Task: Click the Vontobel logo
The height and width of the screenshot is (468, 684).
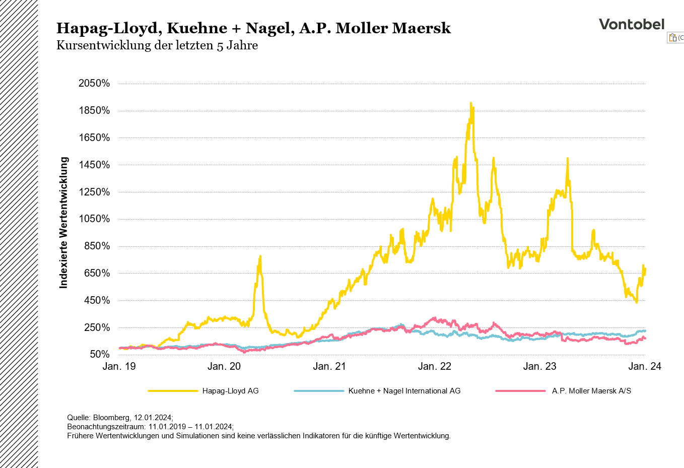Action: tap(631, 24)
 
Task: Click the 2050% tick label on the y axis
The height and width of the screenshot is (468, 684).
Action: tap(94, 84)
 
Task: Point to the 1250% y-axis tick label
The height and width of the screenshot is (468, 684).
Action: tap(94, 192)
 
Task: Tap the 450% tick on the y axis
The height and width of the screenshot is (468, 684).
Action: tap(97, 300)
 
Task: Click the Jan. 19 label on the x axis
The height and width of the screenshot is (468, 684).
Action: tap(119, 366)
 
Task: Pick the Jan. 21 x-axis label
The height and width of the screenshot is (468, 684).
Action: tap(329, 366)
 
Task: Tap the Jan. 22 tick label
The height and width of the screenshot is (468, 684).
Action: tap(435, 366)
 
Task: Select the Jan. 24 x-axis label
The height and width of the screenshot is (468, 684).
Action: tap(645, 366)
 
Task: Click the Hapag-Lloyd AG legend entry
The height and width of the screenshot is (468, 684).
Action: tap(230, 391)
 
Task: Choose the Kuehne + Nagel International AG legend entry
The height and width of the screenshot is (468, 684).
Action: tap(404, 391)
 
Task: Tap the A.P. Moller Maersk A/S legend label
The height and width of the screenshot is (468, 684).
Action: tap(591, 391)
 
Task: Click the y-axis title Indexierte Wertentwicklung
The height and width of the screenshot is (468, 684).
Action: tap(63, 223)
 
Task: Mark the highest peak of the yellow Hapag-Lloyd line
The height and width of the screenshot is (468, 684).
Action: tap(470, 103)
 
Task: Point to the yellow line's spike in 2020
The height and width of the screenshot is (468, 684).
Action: tap(260, 256)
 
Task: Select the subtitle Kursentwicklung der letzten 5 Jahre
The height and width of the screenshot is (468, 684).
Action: tap(157, 45)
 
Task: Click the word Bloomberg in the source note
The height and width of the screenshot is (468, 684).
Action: tap(111, 418)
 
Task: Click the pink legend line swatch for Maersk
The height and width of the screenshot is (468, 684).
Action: tap(520, 391)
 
